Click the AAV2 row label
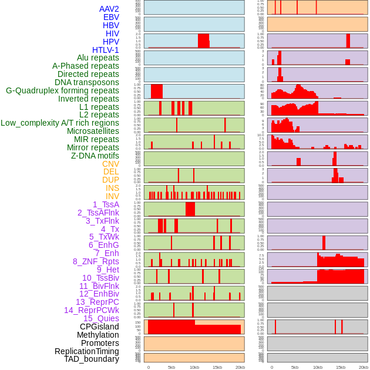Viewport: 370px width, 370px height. pyautogui.click(x=109, y=9)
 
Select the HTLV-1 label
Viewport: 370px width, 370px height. pyautogui.click(x=106, y=50)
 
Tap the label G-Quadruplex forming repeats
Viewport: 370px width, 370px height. pyautogui.click(x=62, y=90)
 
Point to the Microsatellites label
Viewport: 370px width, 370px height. pyautogui.click(x=93, y=131)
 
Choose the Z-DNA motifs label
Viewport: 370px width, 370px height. pyautogui.click(x=95, y=156)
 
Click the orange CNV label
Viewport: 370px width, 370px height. pyautogui.click(x=110, y=164)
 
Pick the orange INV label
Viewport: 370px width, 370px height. pyautogui.click(x=112, y=196)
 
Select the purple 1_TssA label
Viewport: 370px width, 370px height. pyautogui.click(x=106, y=204)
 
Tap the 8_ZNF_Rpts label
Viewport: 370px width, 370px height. pyautogui.click(x=96, y=261)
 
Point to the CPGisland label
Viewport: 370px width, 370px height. pyautogui.click(x=99, y=327)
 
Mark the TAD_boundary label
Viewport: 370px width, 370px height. pyautogui.click(x=92, y=359)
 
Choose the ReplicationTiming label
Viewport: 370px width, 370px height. pyautogui.click(x=87, y=351)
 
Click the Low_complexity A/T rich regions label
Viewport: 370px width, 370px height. pyautogui.click(x=60, y=123)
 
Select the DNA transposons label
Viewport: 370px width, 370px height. pyautogui.click(x=87, y=82)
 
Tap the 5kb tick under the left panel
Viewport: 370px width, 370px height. pyautogui.click(x=171, y=367)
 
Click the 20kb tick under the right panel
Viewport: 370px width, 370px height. pyautogui.click(x=364, y=367)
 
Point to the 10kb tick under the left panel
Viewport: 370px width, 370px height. pyautogui.click(x=194, y=367)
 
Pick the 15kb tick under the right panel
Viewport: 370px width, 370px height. pyautogui.click(x=341, y=367)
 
